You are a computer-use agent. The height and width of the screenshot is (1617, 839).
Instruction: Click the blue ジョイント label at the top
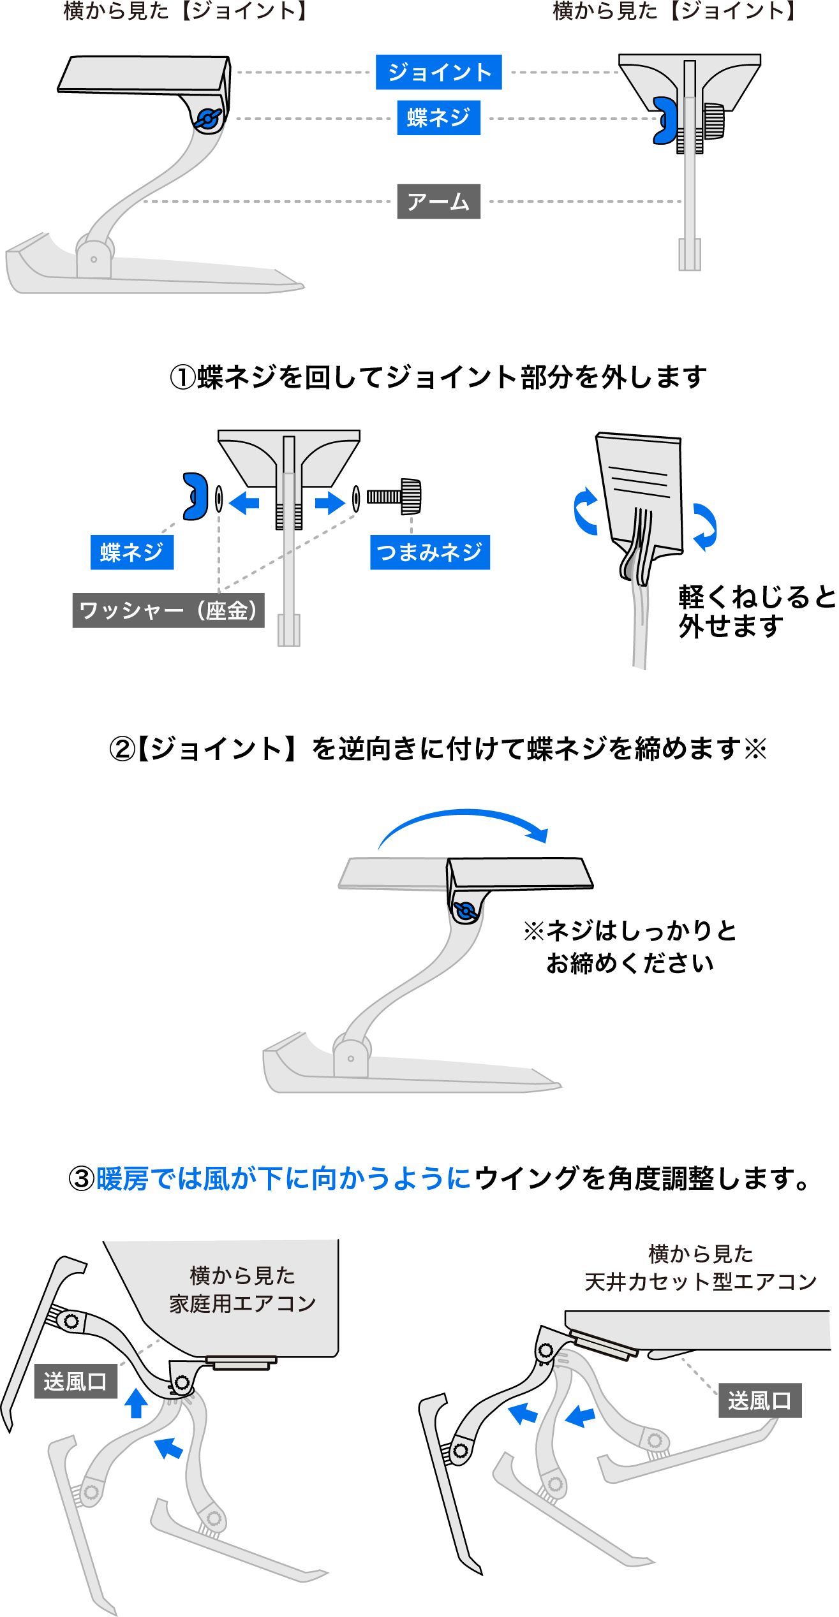click(438, 72)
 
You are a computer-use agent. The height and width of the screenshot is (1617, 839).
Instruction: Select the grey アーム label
click(438, 201)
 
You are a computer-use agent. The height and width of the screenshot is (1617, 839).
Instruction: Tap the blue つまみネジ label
click(430, 552)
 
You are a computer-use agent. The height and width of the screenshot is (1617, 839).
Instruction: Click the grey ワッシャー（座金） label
click(168, 610)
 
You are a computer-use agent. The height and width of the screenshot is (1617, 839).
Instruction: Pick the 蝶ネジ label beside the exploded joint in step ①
click(132, 552)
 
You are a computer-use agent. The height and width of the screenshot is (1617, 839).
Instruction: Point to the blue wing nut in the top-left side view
click(207, 119)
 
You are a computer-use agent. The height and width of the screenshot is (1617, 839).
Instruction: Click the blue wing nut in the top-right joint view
click(665, 121)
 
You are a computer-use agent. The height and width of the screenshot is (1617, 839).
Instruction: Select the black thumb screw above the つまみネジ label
click(394, 497)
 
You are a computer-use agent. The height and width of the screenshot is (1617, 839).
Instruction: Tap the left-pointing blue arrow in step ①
click(244, 502)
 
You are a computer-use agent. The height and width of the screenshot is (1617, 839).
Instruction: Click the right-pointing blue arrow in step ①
click(330, 502)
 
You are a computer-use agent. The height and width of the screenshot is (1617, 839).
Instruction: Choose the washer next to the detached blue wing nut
click(219, 499)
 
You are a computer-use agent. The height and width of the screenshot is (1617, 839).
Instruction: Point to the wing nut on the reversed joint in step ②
click(465, 912)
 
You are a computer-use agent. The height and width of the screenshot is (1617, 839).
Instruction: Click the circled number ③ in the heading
click(82, 1178)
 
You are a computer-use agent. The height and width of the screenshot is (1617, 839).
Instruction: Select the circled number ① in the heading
click(182, 377)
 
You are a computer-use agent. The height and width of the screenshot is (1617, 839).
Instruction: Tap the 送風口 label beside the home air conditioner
click(75, 1381)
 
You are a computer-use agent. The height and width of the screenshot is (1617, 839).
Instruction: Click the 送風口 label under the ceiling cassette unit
click(760, 1400)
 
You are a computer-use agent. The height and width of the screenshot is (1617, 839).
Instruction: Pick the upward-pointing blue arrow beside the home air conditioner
click(136, 1403)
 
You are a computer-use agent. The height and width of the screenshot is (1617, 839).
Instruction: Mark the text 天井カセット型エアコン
click(701, 1282)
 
